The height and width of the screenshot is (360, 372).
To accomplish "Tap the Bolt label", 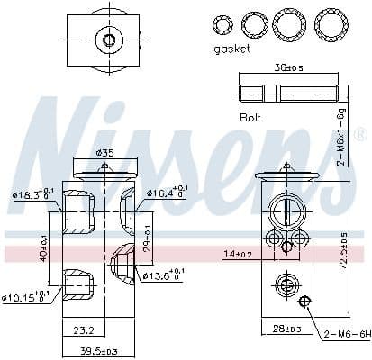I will (x=250, y=116).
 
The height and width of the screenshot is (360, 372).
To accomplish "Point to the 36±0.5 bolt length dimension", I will (x=290, y=67).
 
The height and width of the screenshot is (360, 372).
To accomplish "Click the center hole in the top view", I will (x=110, y=40).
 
